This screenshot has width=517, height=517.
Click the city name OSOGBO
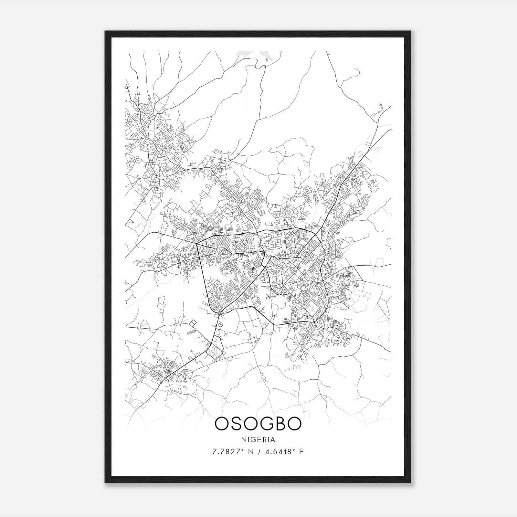tap(258, 424)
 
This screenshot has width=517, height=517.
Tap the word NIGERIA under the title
tap(258, 440)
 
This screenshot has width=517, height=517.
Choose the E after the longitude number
tap(301, 451)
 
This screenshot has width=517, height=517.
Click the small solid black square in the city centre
tap(253, 269)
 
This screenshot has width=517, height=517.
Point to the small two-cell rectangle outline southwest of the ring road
tap(193, 323)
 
